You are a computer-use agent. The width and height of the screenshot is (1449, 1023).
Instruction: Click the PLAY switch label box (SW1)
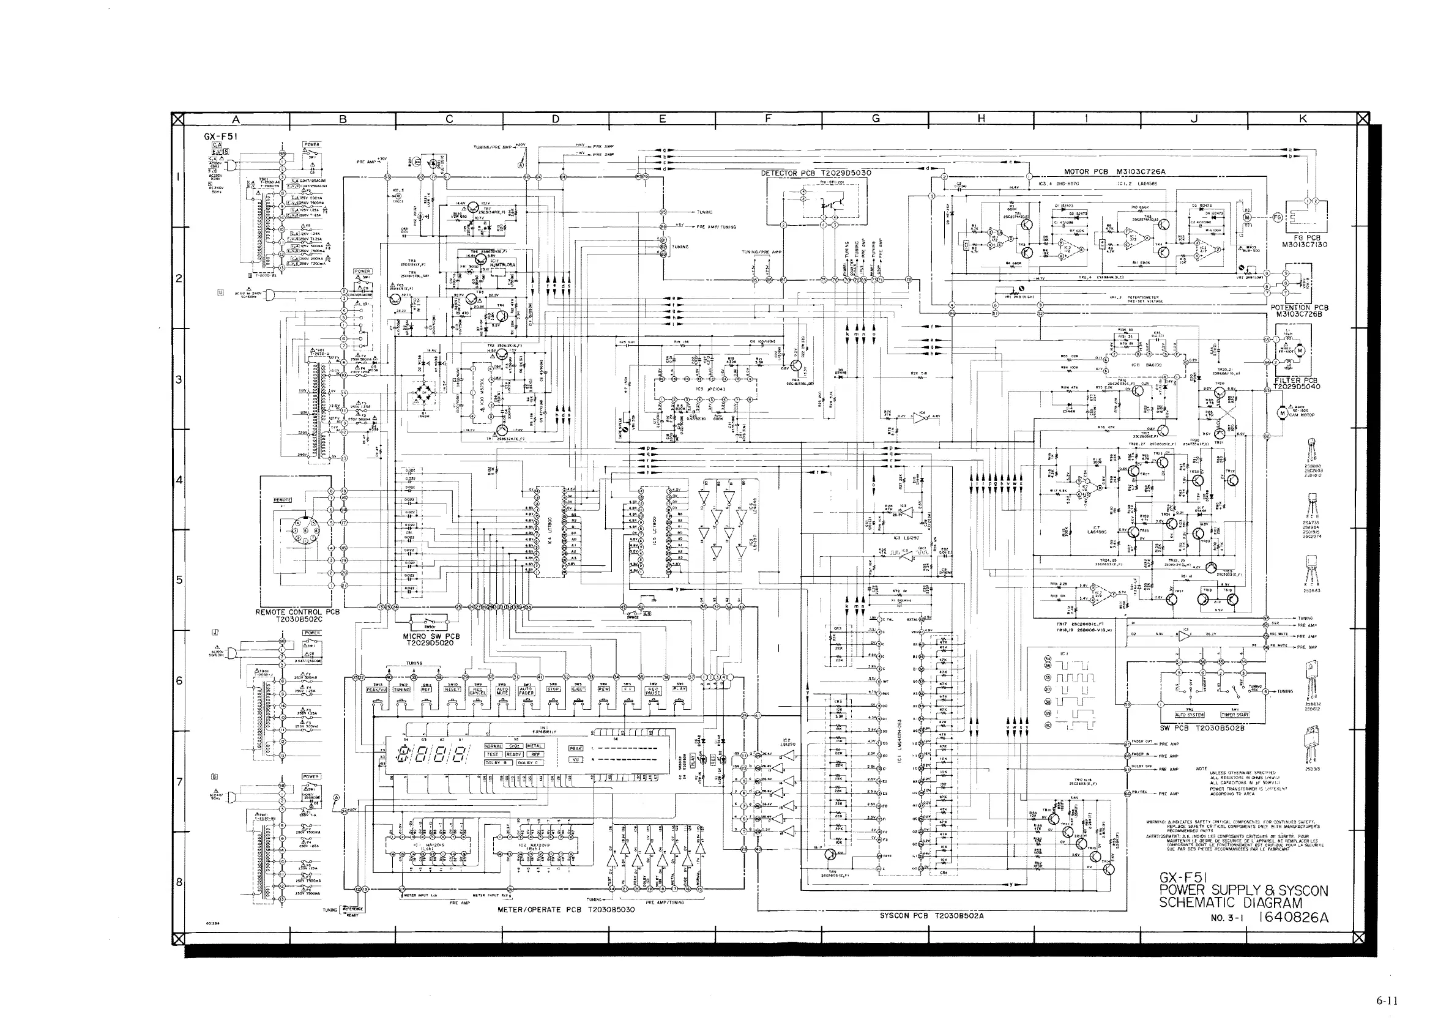click(679, 690)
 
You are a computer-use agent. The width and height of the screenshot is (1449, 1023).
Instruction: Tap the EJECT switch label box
click(577, 690)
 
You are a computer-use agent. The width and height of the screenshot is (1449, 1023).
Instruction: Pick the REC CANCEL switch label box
click(478, 691)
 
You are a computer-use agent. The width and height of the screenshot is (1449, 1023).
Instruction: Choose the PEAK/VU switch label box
click(378, 690)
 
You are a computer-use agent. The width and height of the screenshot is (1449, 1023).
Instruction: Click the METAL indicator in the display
click(534, 746)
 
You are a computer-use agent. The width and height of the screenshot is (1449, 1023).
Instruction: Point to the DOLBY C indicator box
click(529, 762)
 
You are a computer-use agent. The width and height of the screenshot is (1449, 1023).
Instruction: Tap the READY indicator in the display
click(514, 754)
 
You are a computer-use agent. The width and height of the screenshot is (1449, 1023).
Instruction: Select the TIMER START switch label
click(1235, 715)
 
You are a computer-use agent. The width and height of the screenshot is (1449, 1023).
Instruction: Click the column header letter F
click(768, 119)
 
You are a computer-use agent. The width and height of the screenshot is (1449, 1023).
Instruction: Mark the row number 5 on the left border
click(179, 579)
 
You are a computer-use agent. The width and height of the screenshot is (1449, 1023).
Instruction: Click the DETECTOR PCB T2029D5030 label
click(816, 173)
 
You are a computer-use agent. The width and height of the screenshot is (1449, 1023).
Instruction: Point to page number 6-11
click(1387, 1000)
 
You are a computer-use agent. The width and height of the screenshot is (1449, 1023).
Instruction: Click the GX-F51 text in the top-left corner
click(220, 136)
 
